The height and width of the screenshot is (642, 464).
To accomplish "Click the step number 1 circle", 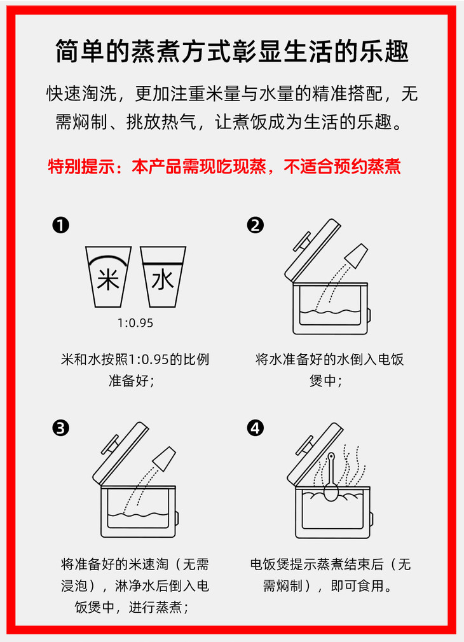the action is [x=60, y=225].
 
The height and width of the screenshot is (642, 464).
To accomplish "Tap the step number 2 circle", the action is [x=255, y=225].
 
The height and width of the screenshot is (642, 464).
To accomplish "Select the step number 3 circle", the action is [x=60, y=428].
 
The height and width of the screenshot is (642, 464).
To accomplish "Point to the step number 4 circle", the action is [x=255, y=428].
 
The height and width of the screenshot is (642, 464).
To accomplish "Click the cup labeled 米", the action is [x=108, y=277].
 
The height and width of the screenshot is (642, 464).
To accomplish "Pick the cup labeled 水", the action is [x=163, y=277].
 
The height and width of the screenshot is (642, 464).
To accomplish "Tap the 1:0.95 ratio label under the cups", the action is [x=135, y=323].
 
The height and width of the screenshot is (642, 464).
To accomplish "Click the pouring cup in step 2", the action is [x=357, y=256].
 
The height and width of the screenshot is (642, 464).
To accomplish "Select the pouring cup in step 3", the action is [x=164, y=458].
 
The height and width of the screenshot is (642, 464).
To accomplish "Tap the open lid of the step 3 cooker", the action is [x=121, y=454].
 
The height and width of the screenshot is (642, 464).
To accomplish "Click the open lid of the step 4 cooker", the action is [x=315, y=454].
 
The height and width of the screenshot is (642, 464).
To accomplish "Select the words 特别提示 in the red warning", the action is [x=81, y=167].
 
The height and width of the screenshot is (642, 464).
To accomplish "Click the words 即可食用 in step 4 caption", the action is [x=357, y=586].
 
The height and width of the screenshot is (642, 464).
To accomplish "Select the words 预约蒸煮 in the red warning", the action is [x=367, y=167].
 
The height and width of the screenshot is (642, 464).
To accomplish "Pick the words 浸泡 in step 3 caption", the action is [x=74, y=586].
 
